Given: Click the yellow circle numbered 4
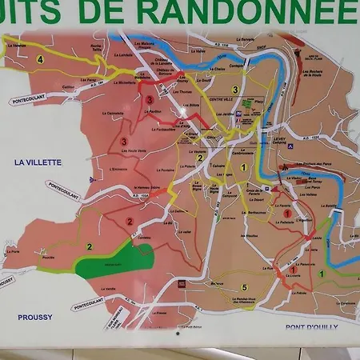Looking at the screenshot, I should (x=39, y=59).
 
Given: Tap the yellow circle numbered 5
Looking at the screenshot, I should (x=244, y=287).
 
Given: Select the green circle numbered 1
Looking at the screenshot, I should (x=322, y=274).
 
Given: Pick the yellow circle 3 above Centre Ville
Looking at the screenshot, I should (x=235, y=89).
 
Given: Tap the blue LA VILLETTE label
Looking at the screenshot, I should (x=38, y=162).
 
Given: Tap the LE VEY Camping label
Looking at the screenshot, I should (x=280, y=141).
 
